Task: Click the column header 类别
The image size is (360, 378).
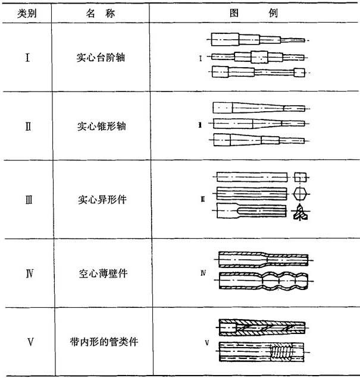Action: (27, 13)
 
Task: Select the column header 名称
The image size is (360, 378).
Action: (101, 13)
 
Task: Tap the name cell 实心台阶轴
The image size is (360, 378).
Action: (101, 58)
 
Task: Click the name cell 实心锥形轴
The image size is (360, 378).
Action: (101, 126)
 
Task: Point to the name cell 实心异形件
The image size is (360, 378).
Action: (102, 200)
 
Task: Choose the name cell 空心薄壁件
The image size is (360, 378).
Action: (103, 273)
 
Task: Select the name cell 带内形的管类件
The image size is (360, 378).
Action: (104, 342)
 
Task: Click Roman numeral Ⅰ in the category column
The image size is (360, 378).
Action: (27, 58)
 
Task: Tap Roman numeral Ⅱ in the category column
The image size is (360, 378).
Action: (28, 127)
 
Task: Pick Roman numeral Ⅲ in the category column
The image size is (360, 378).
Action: (29, 200)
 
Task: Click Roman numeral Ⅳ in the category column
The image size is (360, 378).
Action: (29, 273)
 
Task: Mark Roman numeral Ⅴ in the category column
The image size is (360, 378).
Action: (30, 342)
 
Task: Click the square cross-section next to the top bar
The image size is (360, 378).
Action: (300, 177)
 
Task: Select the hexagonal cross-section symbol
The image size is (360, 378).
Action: (300, 194)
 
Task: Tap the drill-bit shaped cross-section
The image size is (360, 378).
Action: (300, 212)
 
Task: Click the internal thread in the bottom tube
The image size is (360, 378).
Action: (281, 352)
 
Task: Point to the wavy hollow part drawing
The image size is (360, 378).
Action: (264, 281)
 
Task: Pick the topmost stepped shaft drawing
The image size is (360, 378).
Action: (258, 40)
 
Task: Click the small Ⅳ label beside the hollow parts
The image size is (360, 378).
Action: (203, 273)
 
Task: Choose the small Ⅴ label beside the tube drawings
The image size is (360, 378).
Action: (207, 342)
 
